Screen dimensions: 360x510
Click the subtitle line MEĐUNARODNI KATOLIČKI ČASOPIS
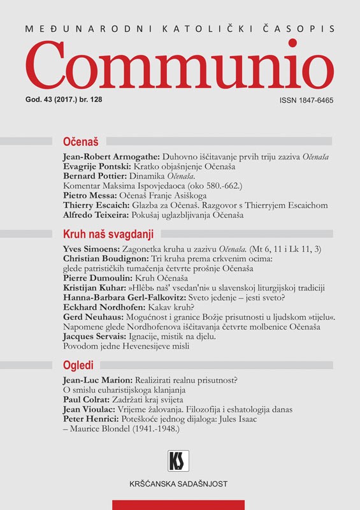180,29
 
